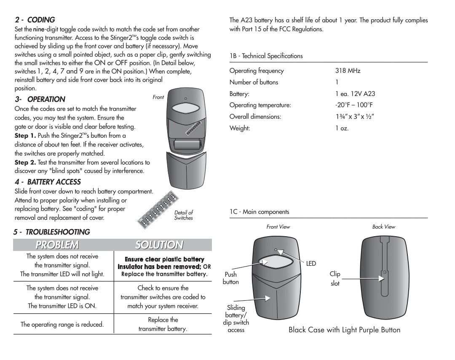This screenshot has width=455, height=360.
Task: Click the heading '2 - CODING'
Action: (x=35, y=20)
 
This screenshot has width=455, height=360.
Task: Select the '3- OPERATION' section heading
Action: (x=40, y=99)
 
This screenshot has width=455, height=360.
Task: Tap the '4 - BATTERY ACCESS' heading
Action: (x=48, y=182)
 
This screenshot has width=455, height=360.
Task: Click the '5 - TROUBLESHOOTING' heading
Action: (x=51, y=232)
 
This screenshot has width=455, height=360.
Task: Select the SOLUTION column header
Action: (x=159, y=245)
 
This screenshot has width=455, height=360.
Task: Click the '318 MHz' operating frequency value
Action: (x=348, y=71)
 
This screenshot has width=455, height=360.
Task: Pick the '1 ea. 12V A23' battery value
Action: (x=355, y=94)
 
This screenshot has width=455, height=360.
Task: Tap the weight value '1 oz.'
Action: (x=342, y=128)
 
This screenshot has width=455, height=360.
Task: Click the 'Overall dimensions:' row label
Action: (x=255, y=117)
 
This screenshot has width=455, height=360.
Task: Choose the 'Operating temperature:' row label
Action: (x=260, y=105)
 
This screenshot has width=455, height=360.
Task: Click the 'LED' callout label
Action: (x=311, y=264)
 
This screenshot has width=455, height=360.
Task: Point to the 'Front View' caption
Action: (x=278, y=227)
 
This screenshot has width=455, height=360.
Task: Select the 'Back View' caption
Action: (x=384, y=227)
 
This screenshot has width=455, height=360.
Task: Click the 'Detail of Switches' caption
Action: (x=184, y=215)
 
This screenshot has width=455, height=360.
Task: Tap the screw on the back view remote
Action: (x=385, y=273)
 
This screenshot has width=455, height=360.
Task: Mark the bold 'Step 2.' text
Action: (x=25, y=163)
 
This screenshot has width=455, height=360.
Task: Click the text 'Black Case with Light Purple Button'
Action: (x=344, y=330)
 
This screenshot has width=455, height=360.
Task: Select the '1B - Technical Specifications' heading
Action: (x=266, y=56)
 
